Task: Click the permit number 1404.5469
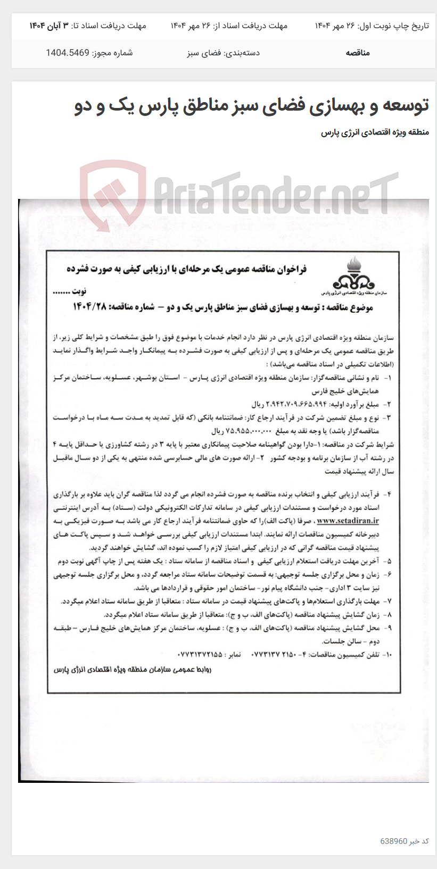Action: click(68, 53)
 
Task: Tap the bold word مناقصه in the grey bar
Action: click(358, 53)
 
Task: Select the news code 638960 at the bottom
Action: click(394, 841)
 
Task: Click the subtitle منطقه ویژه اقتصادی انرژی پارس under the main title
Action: click(375, 132)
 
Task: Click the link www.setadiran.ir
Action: click(348, 521)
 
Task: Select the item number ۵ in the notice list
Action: click(389, 561)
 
